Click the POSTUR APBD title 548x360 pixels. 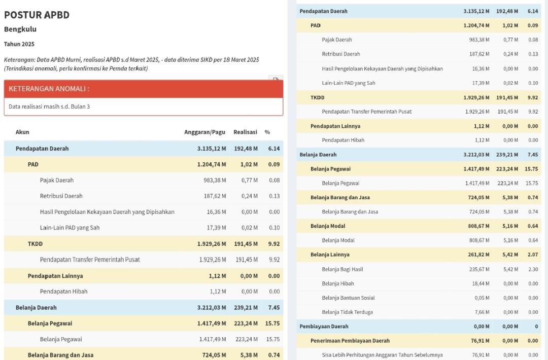pyautogui.click(x=37, y=15)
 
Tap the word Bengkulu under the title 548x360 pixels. pyautogui.click(x=20, y=29)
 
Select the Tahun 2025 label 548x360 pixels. pyautogui.click(x=19, y=44)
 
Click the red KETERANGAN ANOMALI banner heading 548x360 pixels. pyautogui.click(x=49, y=89)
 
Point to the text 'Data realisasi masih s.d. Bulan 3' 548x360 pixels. pyautogui.click(x=49, y=107)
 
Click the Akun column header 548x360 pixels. pyautogui.click(x=22, y=132)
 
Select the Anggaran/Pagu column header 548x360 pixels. pyautogui.click(x=204, y=132)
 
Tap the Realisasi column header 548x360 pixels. pyautogui.click(x=245, y=132)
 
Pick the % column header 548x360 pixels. pyautogui.click(x=267, y=132)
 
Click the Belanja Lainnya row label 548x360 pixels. pyautogui.click(x=330, y=255)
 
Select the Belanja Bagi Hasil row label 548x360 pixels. pyautogui.click(x=342, y=269)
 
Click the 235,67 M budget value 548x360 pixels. pyautogui.click(x=479, y=269)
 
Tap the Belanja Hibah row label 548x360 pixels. pyautogui.click(x=338, y=283)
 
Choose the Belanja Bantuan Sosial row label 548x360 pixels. pyautogui.click(x=348, y=298)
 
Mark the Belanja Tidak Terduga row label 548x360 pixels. pyautogui.click(x=347, y=312)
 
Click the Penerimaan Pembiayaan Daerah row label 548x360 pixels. pyautogui.click(x=350, y=341)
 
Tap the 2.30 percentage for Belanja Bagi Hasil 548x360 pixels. pyautogui.click(x=533, y=269)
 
